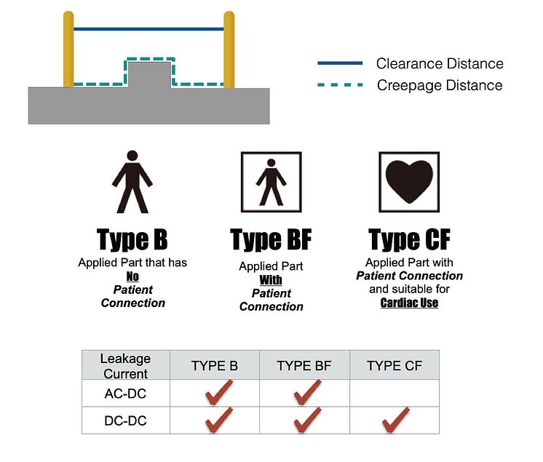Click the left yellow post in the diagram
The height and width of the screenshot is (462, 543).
pos(68,49)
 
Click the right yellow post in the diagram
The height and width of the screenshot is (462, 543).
pos(229,49)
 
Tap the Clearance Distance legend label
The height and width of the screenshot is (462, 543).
pos(439,64)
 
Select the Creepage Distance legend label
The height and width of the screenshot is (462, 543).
pos(439,85)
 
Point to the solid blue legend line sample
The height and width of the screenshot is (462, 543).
pos(340,63)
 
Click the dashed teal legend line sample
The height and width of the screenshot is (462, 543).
pos(340,85)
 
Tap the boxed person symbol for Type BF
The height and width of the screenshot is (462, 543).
pos(271,182)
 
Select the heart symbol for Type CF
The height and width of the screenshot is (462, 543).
pos(409,182)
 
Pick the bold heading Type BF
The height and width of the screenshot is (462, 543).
pos(271,239)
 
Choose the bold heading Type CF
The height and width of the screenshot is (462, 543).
pos(409,239)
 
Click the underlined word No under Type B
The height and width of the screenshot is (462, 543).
pos(132,276)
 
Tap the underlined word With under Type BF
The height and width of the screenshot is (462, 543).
pos(271,280)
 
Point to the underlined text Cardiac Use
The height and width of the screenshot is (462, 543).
pos(409,303)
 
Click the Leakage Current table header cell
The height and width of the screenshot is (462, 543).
pos(126,366)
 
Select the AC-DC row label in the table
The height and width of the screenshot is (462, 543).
pos(126,394)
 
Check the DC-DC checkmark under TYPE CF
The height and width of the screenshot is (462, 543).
pos(395,420)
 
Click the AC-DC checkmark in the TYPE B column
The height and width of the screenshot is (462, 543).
pos(218,393)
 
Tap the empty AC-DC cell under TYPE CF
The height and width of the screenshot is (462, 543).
pos(395,394)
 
